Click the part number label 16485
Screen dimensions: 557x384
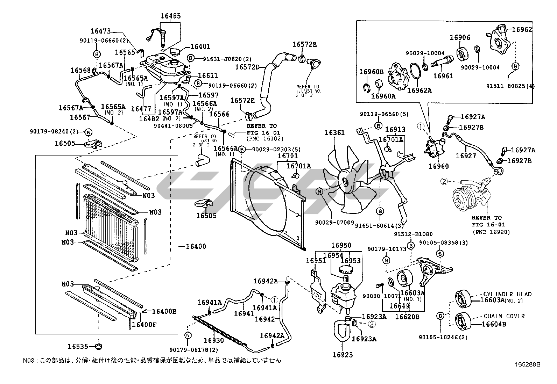point(171,16)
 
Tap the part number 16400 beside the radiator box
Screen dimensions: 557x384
point(196,246)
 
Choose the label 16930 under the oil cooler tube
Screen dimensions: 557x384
point(214,340)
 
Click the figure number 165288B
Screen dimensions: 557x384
point(527,364)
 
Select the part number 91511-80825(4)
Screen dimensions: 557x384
point(510,86)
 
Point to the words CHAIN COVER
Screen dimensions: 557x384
point(504,316)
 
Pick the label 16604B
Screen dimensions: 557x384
point(494,324)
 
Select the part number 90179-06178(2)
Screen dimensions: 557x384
point(194,350)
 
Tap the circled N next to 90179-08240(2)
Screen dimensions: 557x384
point(88,132)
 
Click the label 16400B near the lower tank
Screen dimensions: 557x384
point(164,311)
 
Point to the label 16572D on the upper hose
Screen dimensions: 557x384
point(247,67)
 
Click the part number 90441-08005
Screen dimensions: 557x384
point(173,126)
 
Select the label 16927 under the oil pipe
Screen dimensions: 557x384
point(466,156)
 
